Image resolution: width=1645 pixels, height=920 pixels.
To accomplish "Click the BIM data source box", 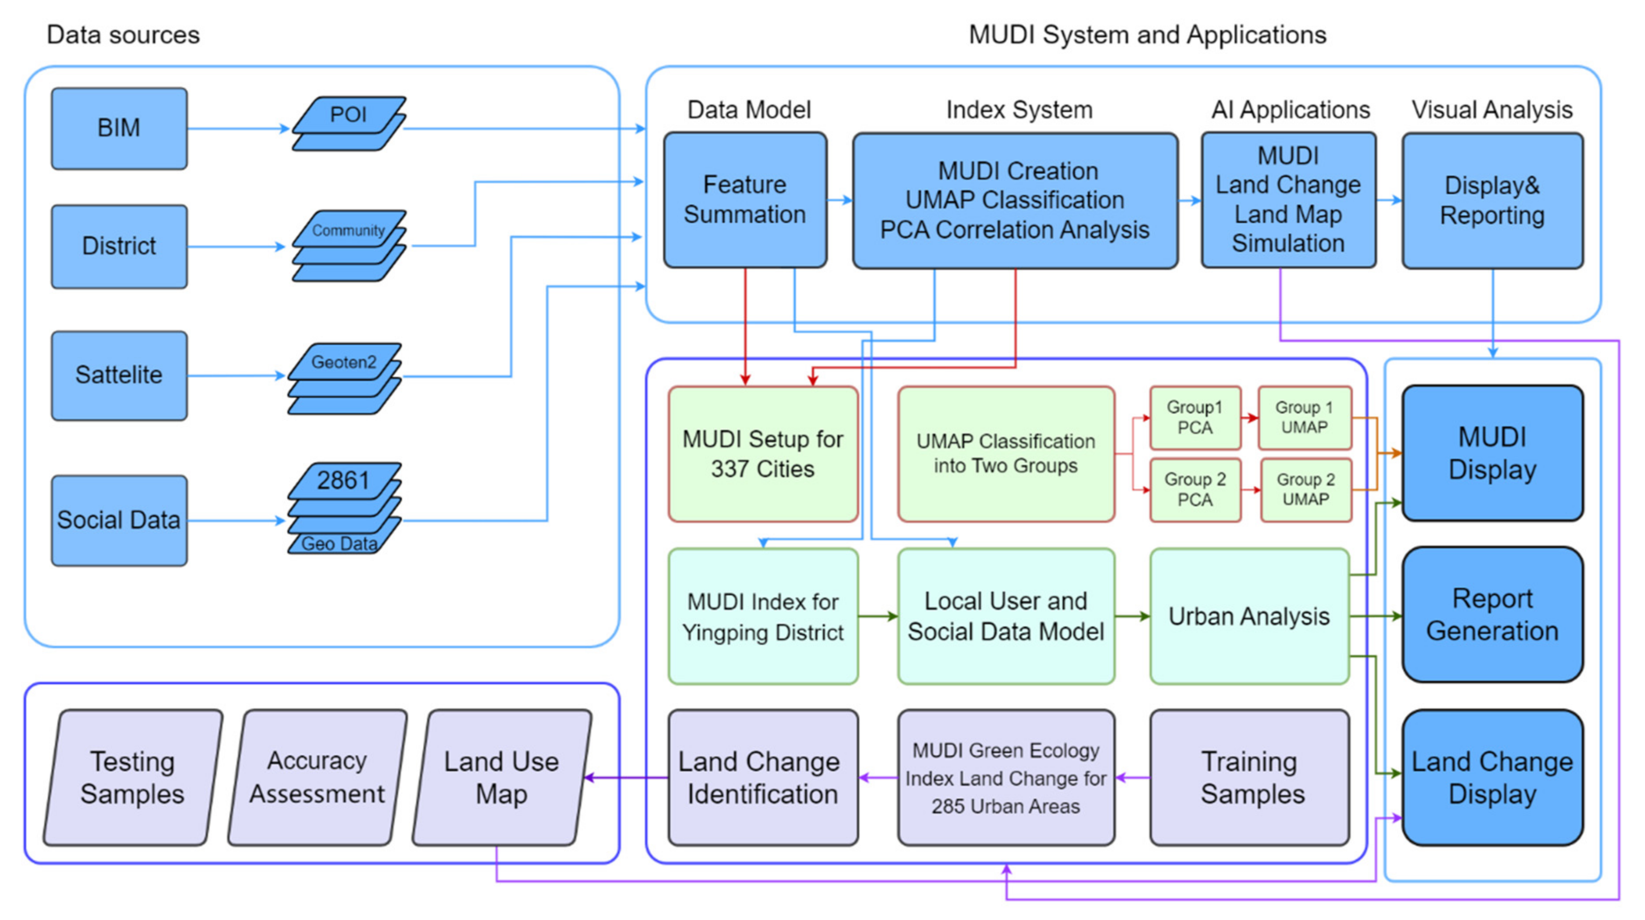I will click(x=119, y=128).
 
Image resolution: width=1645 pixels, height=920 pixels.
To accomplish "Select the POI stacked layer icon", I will click(x=349, y=124).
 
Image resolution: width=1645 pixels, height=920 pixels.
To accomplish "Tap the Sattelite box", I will click(x=119, y=375).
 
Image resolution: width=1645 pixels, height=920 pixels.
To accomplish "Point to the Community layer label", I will click(x=348, y=230).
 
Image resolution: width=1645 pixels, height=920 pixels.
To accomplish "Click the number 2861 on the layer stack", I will click(x=343, y=480).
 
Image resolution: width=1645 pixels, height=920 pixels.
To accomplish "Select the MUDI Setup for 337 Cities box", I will click(x=763, y=454).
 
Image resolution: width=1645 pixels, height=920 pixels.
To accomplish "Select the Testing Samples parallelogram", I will click(x=132, y=778).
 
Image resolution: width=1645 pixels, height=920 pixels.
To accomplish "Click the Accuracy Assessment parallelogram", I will click(x=317, y=778).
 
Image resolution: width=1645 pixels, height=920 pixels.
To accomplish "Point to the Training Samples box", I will click(x=1250, y=778).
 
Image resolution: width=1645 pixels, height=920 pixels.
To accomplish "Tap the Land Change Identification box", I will click(x=763, y=778).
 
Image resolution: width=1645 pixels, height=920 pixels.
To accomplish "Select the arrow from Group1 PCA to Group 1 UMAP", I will click(x=1250, y=418).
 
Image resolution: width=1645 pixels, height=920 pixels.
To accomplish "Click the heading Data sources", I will click(x=123, y=35).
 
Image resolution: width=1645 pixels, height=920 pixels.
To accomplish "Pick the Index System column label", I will click(x=1019, y=110).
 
